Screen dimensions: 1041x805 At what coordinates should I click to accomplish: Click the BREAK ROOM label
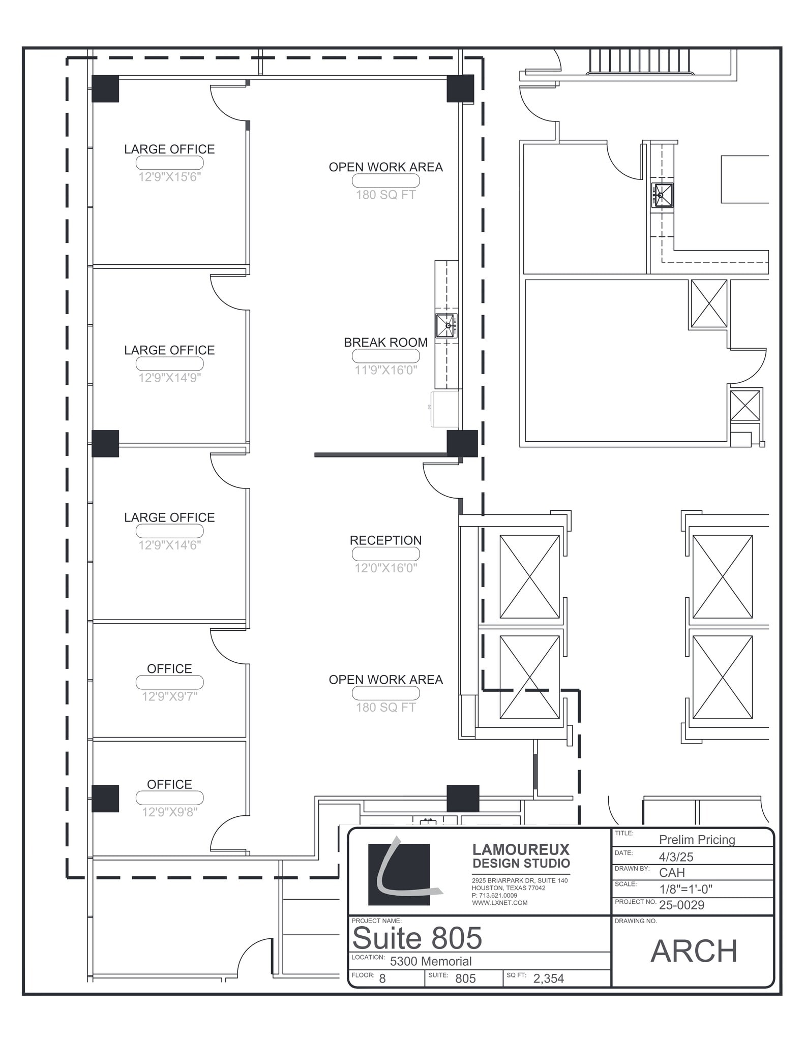(385, 343)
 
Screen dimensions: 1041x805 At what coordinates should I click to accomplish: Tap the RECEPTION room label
(385, 540)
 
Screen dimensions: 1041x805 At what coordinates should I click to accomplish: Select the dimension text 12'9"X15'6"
(170, 177)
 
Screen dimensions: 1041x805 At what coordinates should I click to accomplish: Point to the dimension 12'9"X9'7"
(170, 696)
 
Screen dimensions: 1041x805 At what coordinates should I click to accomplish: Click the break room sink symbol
(446, 326)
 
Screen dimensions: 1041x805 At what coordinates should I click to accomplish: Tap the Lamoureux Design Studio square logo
(399, 874)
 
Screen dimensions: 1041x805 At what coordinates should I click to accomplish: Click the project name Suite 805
(417, 938)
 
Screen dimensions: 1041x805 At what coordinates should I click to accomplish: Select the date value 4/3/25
(676, 857)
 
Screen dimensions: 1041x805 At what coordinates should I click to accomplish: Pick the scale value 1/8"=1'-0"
(685, 889)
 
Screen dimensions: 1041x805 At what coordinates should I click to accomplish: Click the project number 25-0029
(681, 905)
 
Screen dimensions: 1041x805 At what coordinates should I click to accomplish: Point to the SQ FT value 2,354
(548, 978)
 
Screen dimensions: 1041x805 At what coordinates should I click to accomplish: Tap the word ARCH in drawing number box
(694, 951)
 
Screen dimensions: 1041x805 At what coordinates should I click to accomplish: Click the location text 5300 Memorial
(431, 961)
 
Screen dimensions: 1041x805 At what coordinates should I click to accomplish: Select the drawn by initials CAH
(672, 873)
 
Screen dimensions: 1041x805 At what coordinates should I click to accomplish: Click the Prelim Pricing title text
(697, 840)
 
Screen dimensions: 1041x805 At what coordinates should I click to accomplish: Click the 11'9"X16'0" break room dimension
(385, 370)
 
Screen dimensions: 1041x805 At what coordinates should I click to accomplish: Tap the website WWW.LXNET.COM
(499, 903)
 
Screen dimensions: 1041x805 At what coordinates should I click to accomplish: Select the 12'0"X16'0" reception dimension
(385, 568)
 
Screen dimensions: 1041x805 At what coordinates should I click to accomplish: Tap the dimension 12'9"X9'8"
(170, 812)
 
